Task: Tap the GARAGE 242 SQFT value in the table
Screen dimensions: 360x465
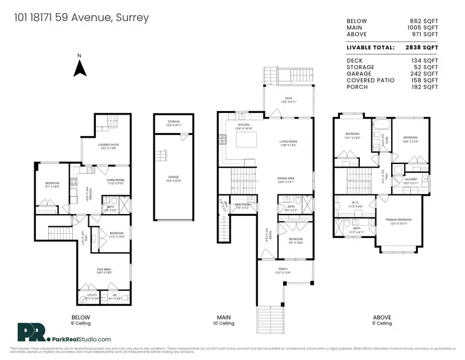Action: (424, 73)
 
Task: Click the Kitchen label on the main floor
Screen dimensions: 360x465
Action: (244, 126)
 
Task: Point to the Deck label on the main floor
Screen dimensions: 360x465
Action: (289, 99)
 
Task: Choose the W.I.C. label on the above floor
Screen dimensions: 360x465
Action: (356, 205)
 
